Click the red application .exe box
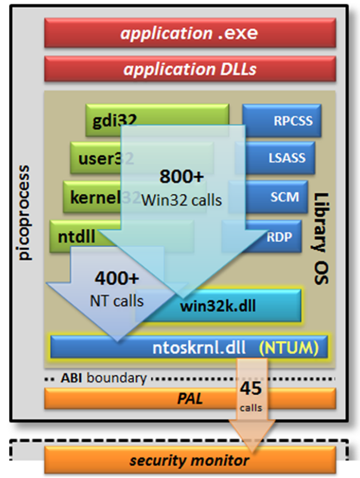(190, 33)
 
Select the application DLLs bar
(190, 69)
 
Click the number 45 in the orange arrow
(251, 389)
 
